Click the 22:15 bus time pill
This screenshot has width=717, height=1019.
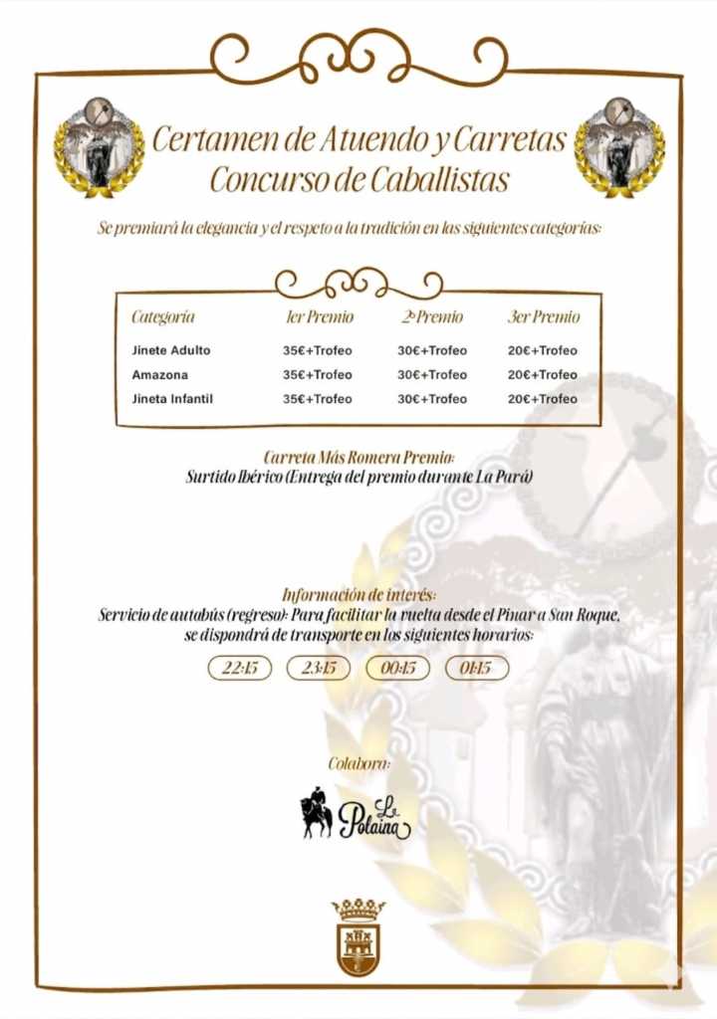point(239,668)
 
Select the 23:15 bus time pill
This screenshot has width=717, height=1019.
point(319,668)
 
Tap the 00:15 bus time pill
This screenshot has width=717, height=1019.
point(397,668)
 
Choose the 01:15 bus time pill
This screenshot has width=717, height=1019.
point(476,668)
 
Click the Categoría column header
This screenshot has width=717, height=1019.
point(162,317)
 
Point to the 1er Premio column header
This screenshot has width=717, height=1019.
point(319,317)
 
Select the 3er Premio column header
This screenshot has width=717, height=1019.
point(543,317)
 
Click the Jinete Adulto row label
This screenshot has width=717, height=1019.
point(171,350)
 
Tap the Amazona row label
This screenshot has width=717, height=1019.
point(159,374)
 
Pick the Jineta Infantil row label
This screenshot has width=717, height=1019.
point(172,398)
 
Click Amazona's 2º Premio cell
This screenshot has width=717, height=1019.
point(431,374)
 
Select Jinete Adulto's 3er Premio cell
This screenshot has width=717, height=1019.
point(542,350)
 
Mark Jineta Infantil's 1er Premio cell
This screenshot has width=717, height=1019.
point(317,398)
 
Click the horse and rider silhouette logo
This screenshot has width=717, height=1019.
point(317,813)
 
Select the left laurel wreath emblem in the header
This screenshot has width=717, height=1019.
point(98,146)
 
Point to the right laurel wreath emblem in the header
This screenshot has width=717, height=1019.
point(618,146)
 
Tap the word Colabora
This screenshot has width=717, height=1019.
point(358,763)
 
